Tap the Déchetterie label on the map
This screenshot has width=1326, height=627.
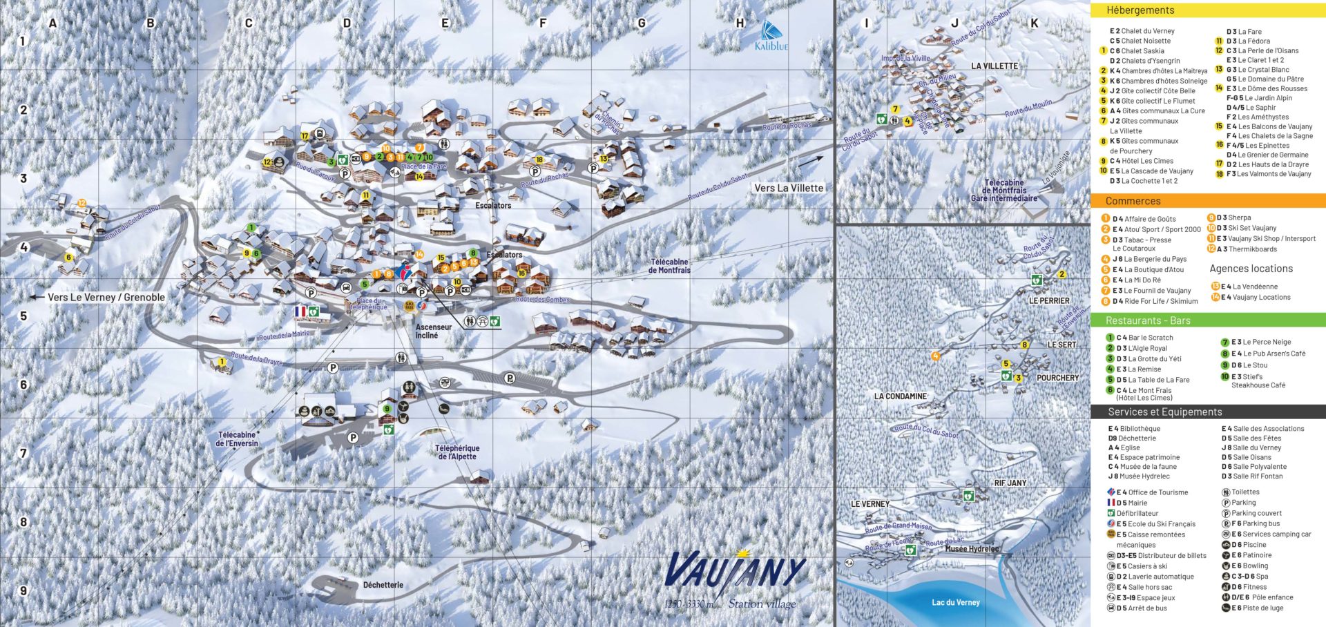tap(383, 585)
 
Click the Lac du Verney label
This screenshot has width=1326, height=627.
tap(955, 602)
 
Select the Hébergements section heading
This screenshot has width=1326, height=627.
tap(1140, 10)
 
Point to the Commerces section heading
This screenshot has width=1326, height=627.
tap(1133, 201)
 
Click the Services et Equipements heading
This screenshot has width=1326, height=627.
tap(1164, 412)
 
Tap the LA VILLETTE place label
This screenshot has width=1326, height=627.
tap(995, 66)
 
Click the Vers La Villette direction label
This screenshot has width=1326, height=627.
tap(789, 188)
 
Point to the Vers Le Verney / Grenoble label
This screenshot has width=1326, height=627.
tap(106, 298)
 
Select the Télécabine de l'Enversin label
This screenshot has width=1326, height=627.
tap(238, 439)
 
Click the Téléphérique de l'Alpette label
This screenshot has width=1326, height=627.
tap(457, 452)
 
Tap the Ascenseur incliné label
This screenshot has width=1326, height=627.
tap(433, 331)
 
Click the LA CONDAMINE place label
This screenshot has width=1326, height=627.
tap(901, 396)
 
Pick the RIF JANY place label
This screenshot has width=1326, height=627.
tap(1010, 483)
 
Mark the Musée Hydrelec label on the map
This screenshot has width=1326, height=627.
tap(972, 549)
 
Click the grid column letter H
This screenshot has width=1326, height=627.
tap(740, 23)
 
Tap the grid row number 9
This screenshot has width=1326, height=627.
tap(23, 591)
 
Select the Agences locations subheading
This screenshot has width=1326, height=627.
tap(1251, 269)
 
